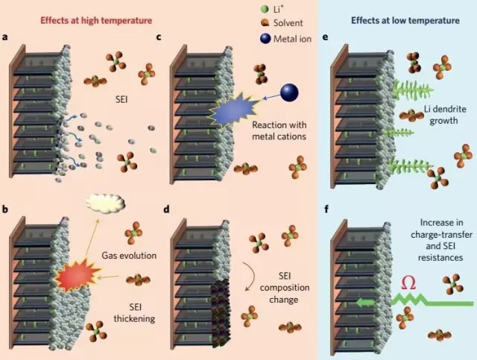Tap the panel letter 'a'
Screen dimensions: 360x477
pos(6,37)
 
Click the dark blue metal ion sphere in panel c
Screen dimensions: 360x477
pos(288,92)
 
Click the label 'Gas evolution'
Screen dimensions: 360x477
pos(129,256)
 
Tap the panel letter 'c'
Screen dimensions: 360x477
pos(159,37)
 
